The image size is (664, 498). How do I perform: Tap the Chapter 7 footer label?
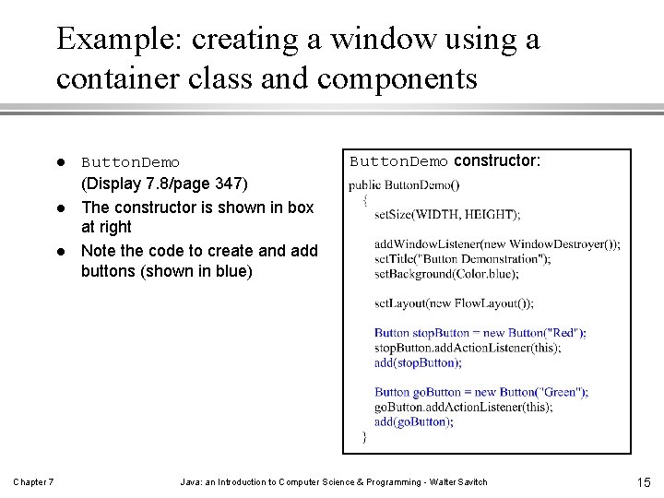pyautogui.click(x=33, y=482)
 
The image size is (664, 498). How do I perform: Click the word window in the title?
pyautogui.click(x=399, y=40)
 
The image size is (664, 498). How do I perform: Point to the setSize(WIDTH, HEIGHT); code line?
pyautogui.click(x=446, y=215)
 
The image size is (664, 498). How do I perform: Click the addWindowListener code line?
pyautogui.click(x=496, y=244)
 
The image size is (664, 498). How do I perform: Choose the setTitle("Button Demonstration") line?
pyautogui.click(x=462, y=259)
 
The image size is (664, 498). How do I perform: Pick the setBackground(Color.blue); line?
pyautogui.click(x=445, y=274)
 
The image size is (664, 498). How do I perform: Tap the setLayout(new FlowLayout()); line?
pyautogui.click(x=454, y=303)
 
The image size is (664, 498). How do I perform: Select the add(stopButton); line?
pyautogui.click(x=417, y=362)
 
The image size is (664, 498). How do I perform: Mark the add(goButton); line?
pyautogui.click(x=413, y=421)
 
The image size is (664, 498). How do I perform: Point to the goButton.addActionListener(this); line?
pyautogui.click(x=463, y=407)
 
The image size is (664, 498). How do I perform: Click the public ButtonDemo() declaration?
pyautogui.click(x=403, y=184)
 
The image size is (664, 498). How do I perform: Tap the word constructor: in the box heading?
pyautogui.click(x=497, y=160)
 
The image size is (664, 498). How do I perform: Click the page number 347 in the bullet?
pyautogui.click(x=227, y=185)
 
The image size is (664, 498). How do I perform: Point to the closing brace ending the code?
pyautogui.click(x=364, y=436)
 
